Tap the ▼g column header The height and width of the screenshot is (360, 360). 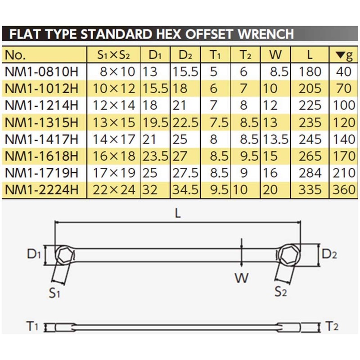coord(344,55)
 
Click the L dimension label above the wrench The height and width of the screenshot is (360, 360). coord(178,214)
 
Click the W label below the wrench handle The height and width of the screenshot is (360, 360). coord(242,278)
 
